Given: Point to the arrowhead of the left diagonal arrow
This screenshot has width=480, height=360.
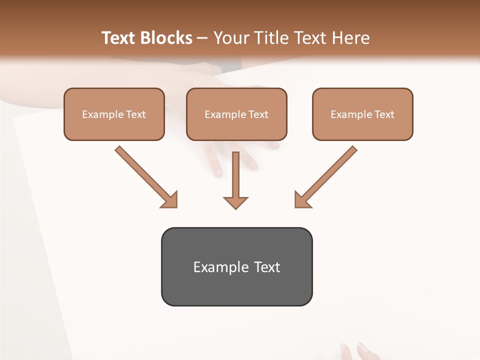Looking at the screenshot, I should pos(170,199).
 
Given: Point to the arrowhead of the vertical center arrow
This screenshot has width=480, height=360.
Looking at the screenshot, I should pos(235,202).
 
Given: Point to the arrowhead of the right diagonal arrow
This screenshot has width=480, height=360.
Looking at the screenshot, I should pos(302,199).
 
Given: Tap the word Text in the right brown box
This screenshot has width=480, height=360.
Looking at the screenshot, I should pos(384,114).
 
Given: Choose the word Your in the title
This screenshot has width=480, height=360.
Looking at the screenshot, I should pos(228,38).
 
